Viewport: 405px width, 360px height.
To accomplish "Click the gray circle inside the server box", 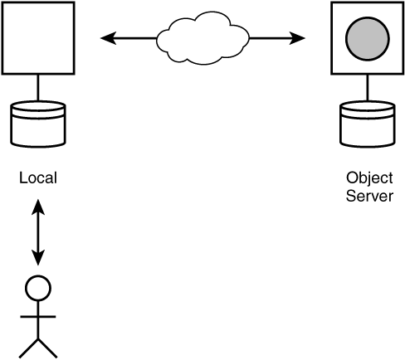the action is pyautogui.click(x=368, y=39).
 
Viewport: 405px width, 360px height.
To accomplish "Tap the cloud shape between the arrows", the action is pyautogui.click(x=203, y=38).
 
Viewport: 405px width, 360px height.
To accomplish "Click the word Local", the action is pyautogui.click(x=38, y=178).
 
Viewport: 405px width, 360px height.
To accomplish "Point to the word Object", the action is pyautogui.click(x=369, y=178).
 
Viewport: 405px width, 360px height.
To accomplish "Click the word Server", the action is pyautogui.click(x=369, y=196).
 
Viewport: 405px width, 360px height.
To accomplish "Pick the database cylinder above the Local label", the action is pyautogui.click(x=38, y=124).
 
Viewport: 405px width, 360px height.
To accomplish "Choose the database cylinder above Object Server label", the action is pyautogui.click(x=368, y=124).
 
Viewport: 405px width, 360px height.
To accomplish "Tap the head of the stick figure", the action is pyautogui.click(x=38, y=288).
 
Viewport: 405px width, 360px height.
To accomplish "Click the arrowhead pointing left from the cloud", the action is pyautogui.click(x=108, y=38).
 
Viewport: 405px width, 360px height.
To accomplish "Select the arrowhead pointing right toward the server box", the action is pyautogui.click(x=297, y=38).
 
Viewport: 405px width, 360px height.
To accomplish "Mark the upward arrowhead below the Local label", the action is pyautogui.click(x=38, y=207).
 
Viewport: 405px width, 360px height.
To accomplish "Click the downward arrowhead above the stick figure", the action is pyautogui.click(x=38, y=258).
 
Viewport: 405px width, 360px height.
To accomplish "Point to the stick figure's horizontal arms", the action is pyautogui.click(x=38, y=317).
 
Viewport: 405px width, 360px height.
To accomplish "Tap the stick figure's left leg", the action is pyautogui.click(x=28, y=348).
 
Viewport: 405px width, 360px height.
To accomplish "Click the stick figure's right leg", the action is pyautogui.click(x=47, y=348).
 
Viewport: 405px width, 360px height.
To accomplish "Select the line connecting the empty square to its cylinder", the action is pyautogui.click(x=38, y=88).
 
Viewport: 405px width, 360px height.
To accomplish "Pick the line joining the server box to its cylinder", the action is pyautogui.click(x=368, y=88).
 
